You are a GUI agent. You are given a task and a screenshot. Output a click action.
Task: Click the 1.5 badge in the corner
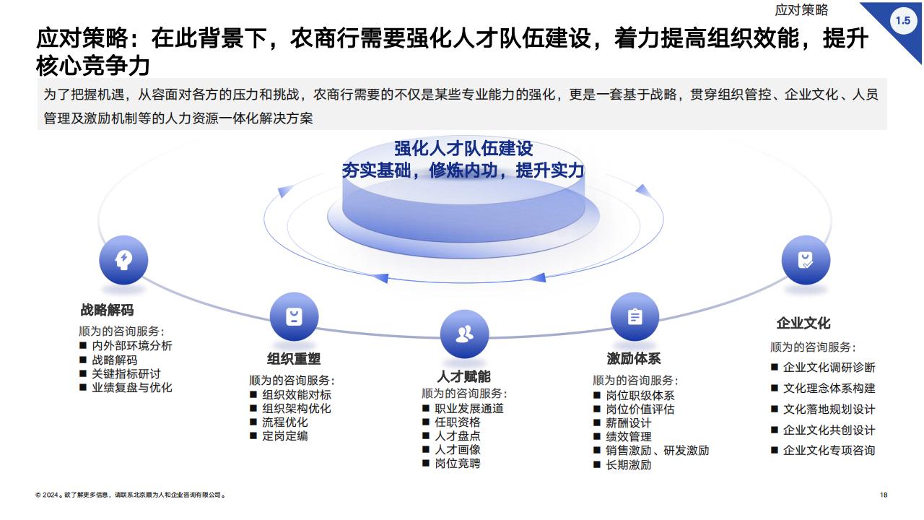point(903,20)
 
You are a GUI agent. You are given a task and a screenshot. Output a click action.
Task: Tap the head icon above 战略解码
point(123,260)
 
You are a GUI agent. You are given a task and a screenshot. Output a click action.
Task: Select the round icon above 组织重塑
point(294,316)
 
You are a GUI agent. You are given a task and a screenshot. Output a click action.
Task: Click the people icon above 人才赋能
point(464,334)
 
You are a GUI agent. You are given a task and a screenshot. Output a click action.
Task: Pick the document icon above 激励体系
point(635,316)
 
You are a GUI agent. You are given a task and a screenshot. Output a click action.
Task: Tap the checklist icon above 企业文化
point(806,260)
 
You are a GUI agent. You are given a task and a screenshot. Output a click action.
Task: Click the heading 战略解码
point(107,310)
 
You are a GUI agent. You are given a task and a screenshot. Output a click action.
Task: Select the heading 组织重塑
point(294,359)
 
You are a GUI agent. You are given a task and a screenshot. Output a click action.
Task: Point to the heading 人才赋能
point(463,376)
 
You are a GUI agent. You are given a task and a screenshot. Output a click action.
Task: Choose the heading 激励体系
point(634,359)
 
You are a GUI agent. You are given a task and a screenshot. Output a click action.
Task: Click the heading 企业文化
point(803,323)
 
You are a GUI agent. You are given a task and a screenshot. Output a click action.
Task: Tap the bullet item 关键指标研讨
point(126,374)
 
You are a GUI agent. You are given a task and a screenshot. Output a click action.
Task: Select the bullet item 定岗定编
point(284,435)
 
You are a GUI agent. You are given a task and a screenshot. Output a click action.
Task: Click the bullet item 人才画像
point(458,449)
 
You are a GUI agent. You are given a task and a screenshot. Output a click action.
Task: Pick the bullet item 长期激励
point(628,465)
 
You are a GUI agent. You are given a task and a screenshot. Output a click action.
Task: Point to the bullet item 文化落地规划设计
point(829,409)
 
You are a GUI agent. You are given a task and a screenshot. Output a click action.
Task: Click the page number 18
point(884,495)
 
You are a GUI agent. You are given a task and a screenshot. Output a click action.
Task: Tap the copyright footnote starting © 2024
point(131,495)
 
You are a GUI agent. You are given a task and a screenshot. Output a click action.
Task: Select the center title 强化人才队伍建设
point(463,149)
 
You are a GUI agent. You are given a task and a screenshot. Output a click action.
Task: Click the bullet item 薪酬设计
point(628,423)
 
